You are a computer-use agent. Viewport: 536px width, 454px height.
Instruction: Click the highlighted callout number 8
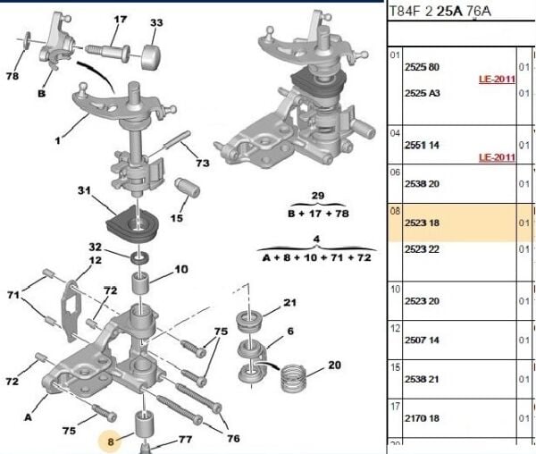111,441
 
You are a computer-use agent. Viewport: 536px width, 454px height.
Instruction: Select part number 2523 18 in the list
423,223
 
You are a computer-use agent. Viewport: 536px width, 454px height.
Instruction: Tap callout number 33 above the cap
156,22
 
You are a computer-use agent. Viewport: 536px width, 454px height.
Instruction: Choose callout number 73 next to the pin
203,164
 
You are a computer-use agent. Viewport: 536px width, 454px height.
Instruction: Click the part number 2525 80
423,67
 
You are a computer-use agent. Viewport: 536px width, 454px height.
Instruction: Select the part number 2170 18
423,417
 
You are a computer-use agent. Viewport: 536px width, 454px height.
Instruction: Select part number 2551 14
423,143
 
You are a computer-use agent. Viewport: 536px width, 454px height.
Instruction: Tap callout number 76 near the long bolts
234,438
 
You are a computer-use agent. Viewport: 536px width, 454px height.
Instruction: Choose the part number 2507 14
423,340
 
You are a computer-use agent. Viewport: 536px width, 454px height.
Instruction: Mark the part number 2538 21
423,379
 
